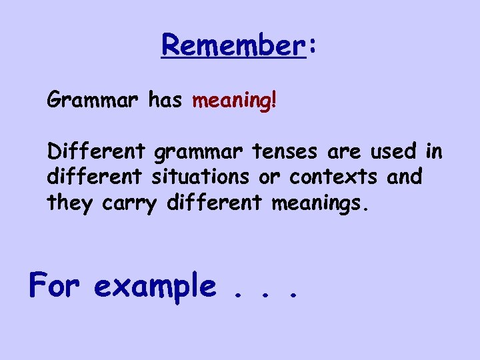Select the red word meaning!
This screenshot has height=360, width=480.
click(x=234, y=101)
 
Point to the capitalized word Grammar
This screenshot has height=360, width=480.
click(x=92, y=101)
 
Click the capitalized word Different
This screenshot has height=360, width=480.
click(x=96, y=152)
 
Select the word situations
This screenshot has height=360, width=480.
click(x=214, y=177)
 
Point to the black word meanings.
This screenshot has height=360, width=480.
click(x=319, y=203)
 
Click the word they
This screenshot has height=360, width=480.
click(x=71, y=203)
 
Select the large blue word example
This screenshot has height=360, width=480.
click(x=155, y=287)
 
